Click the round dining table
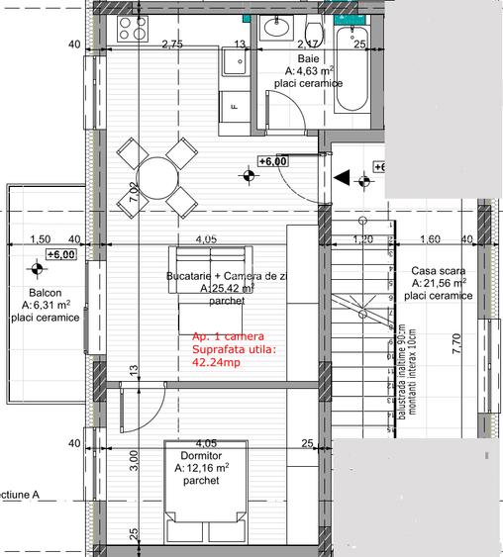coord(154,178)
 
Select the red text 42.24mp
coord(216,362)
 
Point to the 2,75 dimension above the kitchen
coord(172,44)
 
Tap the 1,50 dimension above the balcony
coord(40,239)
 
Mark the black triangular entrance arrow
coord(342,179)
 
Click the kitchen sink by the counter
coord(236,64)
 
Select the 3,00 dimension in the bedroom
coord(133,461)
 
